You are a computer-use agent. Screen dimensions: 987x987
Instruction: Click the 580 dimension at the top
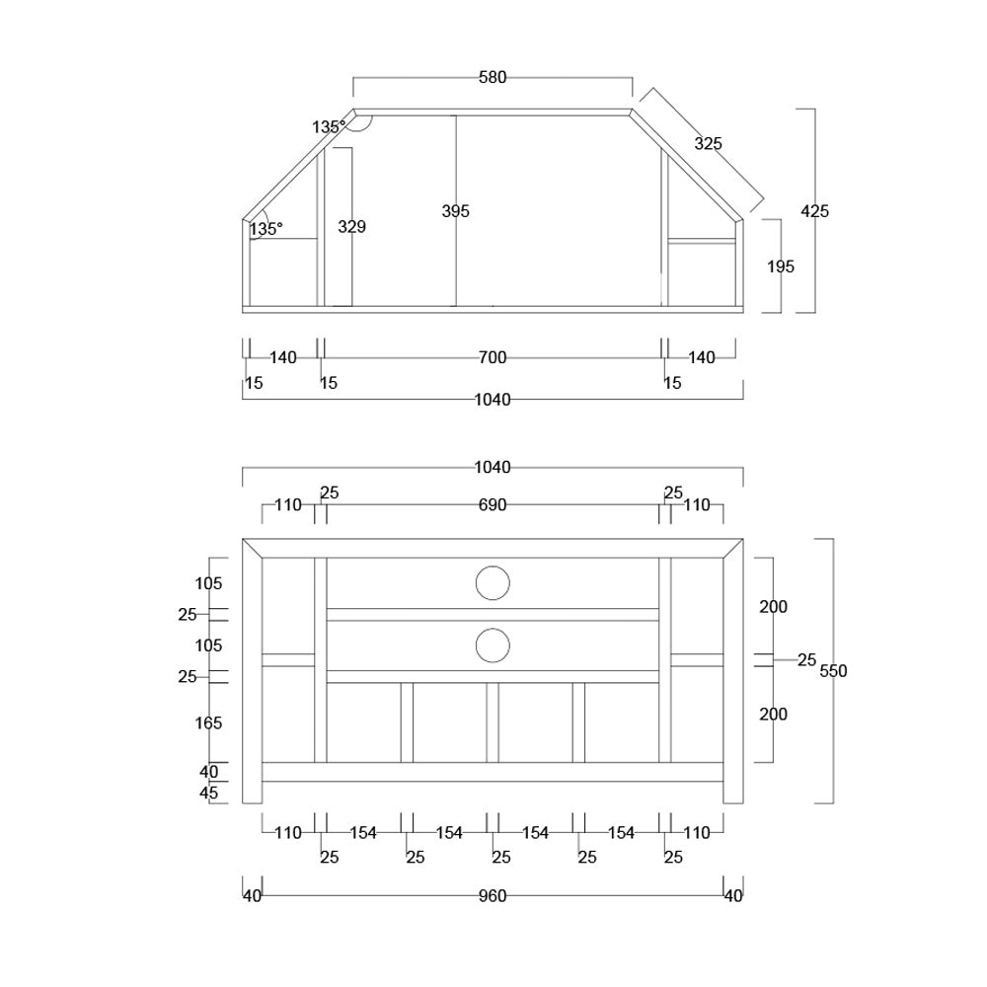[493, 78]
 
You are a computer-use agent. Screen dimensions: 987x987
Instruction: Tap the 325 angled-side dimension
[708, 144]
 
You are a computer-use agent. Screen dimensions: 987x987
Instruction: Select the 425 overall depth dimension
[814, 211]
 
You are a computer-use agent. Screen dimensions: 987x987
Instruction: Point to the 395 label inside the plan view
[456, 211]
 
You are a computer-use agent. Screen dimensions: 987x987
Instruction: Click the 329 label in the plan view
[351, 227]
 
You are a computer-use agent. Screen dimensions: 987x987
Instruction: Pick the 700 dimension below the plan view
[493, 358]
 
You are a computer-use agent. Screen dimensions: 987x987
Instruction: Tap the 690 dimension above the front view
[493, 505]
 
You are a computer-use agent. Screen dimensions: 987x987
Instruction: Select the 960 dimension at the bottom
[493, 896]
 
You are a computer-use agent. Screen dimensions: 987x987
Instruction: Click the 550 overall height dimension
[833, 671]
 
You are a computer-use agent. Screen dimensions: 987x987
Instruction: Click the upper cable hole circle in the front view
[493, 583]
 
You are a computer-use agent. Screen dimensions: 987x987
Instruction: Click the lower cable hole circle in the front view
[493, 645]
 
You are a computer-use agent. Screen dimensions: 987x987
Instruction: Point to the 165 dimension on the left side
[208, 723]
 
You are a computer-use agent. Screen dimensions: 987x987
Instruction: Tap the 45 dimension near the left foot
[208, 793]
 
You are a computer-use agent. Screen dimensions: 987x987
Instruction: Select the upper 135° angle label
[329, 127]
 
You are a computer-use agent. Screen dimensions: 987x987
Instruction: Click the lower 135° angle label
[266, 229]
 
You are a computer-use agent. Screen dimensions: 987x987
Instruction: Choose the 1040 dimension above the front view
[493, 468]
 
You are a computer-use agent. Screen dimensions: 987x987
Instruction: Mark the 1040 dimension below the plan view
[493, 400]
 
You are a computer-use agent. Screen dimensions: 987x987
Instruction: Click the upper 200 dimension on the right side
[773, 607]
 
